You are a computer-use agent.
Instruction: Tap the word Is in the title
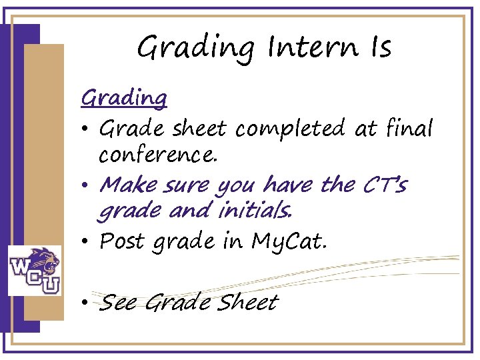tap(376, 47)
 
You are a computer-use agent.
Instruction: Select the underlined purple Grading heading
tap(124, 99)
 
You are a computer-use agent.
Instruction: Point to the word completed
tap(292, 128)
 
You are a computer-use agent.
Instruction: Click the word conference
tap(158, 155)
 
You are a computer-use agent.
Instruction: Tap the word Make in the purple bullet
tap(125, 184)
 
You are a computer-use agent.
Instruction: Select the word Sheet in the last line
tap(248, 303)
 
